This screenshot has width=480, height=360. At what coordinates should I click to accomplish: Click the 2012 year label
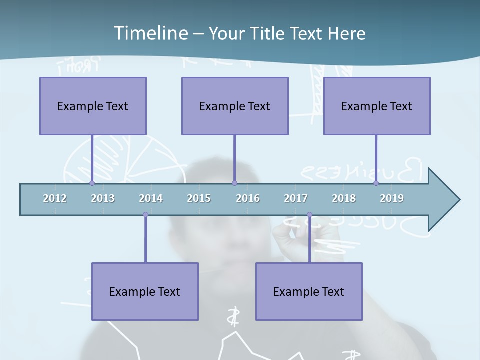[x=55, y=198]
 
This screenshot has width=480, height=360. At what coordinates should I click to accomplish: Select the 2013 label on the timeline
[x=103, y=198]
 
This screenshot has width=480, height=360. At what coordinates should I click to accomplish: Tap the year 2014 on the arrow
[x=151, y=198]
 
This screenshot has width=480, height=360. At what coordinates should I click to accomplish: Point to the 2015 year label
[x=199, y=198]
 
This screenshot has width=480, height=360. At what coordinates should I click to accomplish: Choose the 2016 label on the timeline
[x=248, y=198]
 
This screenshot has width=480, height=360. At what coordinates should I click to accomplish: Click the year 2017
[x=296, y=198]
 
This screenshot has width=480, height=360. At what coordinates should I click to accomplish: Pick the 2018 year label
[x=344, y=198]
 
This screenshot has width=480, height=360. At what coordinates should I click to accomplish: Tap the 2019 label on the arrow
[x=392, y=198]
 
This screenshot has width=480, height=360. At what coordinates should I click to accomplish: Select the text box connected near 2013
[x=93, y=106]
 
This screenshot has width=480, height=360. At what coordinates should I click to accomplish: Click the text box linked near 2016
[x=235, y=106]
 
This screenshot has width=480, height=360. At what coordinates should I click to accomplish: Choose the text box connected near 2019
[x=377, y=106]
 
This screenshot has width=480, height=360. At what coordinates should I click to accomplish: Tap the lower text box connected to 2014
[x=145, y=291]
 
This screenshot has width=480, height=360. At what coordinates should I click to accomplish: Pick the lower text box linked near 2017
[x=309, y=291]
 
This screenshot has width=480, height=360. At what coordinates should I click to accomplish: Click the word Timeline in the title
[x=150, y=33]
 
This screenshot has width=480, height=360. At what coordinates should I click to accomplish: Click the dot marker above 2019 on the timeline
[x=376, y=183]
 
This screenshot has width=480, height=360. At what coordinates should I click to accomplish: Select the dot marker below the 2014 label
[x=145, y=215]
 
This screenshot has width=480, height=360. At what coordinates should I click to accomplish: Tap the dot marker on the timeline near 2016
[x=234, y=183]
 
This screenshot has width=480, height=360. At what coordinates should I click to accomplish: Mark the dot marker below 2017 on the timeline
[x=309, y=215]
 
